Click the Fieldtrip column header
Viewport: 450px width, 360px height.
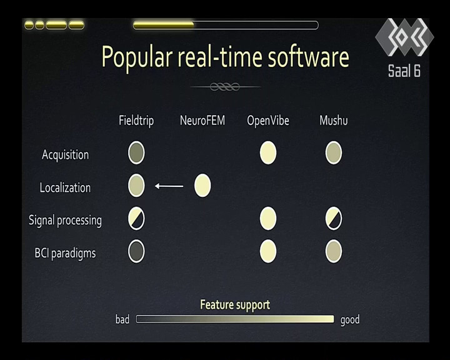136,121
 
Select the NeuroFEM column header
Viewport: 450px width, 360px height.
202,120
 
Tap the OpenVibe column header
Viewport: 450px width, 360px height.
268,121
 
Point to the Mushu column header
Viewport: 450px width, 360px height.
334,120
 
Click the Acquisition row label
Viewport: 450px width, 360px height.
65,155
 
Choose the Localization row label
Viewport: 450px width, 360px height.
65,187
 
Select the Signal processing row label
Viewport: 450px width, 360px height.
65,221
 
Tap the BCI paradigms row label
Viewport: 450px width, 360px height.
65,253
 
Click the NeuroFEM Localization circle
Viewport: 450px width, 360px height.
202,186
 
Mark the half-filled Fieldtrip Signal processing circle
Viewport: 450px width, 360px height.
136,219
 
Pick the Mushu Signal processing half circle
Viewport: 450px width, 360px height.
334,219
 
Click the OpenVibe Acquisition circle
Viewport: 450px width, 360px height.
268,152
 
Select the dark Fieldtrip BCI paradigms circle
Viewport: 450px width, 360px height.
136,251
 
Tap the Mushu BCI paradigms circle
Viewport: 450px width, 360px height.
334,251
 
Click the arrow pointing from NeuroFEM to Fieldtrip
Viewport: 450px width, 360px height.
169,186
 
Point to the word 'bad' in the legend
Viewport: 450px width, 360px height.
122,319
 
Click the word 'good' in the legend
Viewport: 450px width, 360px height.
350,320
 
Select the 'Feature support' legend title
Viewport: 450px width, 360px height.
235,305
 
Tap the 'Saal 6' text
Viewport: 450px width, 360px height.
404,71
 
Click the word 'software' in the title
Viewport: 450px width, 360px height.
309,56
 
